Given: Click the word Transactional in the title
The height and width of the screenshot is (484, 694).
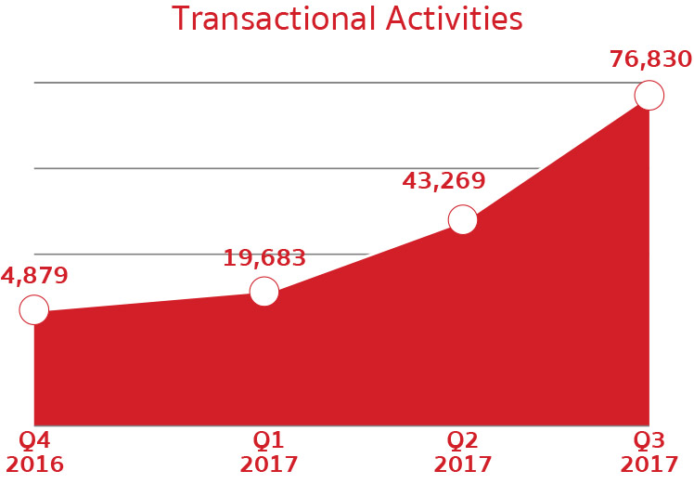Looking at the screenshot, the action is pos(273,19).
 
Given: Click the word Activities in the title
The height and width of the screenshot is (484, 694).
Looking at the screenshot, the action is pos(454,19).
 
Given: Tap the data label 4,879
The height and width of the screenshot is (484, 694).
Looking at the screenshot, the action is pos(34,275).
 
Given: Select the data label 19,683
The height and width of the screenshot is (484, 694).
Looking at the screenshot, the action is pos(264,258).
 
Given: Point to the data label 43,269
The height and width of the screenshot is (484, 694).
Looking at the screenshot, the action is pos(443,181).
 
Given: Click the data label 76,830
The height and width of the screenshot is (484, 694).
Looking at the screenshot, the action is pos(650,59).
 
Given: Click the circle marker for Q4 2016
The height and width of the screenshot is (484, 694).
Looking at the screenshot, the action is pos(34,309).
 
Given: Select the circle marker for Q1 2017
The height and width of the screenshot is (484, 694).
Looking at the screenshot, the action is pos(264,291).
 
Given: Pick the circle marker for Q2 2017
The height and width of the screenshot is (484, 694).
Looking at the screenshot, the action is pos(463,219).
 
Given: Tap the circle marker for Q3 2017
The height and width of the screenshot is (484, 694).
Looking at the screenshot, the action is pos(649,95).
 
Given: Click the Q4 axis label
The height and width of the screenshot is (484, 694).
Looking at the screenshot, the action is pos(34,440).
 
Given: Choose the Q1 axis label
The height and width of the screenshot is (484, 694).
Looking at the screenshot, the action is pos(268,440).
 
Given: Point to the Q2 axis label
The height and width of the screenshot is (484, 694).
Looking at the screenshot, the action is pos(463,440).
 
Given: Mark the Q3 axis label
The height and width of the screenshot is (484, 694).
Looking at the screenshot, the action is pos(649,440).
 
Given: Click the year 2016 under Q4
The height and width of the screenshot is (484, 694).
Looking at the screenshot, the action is pos(34,464).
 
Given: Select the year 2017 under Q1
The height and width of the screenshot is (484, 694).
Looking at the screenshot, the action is pos(269,464).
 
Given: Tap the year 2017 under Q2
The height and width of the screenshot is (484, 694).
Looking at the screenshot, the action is pos(463,464).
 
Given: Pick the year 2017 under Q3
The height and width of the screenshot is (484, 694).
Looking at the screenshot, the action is pos(649,464).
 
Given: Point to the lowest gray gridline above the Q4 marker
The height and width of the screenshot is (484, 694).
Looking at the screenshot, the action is pos(201,254).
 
